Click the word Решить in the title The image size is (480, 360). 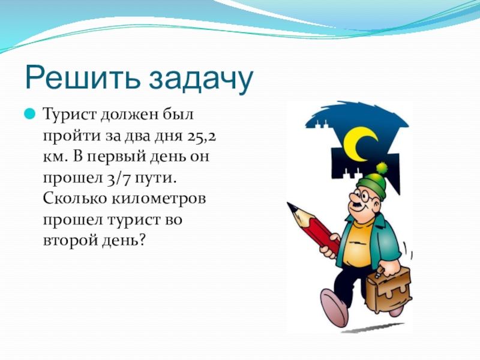point(83,78)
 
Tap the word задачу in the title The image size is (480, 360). point(202,80)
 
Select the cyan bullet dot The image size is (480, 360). point(30,114)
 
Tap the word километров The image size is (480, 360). point(158,199)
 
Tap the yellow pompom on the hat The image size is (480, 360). point(382,168)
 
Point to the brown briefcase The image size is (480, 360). point(389,289)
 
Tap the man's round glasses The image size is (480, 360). point(366,196)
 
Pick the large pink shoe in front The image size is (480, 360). point(334,307)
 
